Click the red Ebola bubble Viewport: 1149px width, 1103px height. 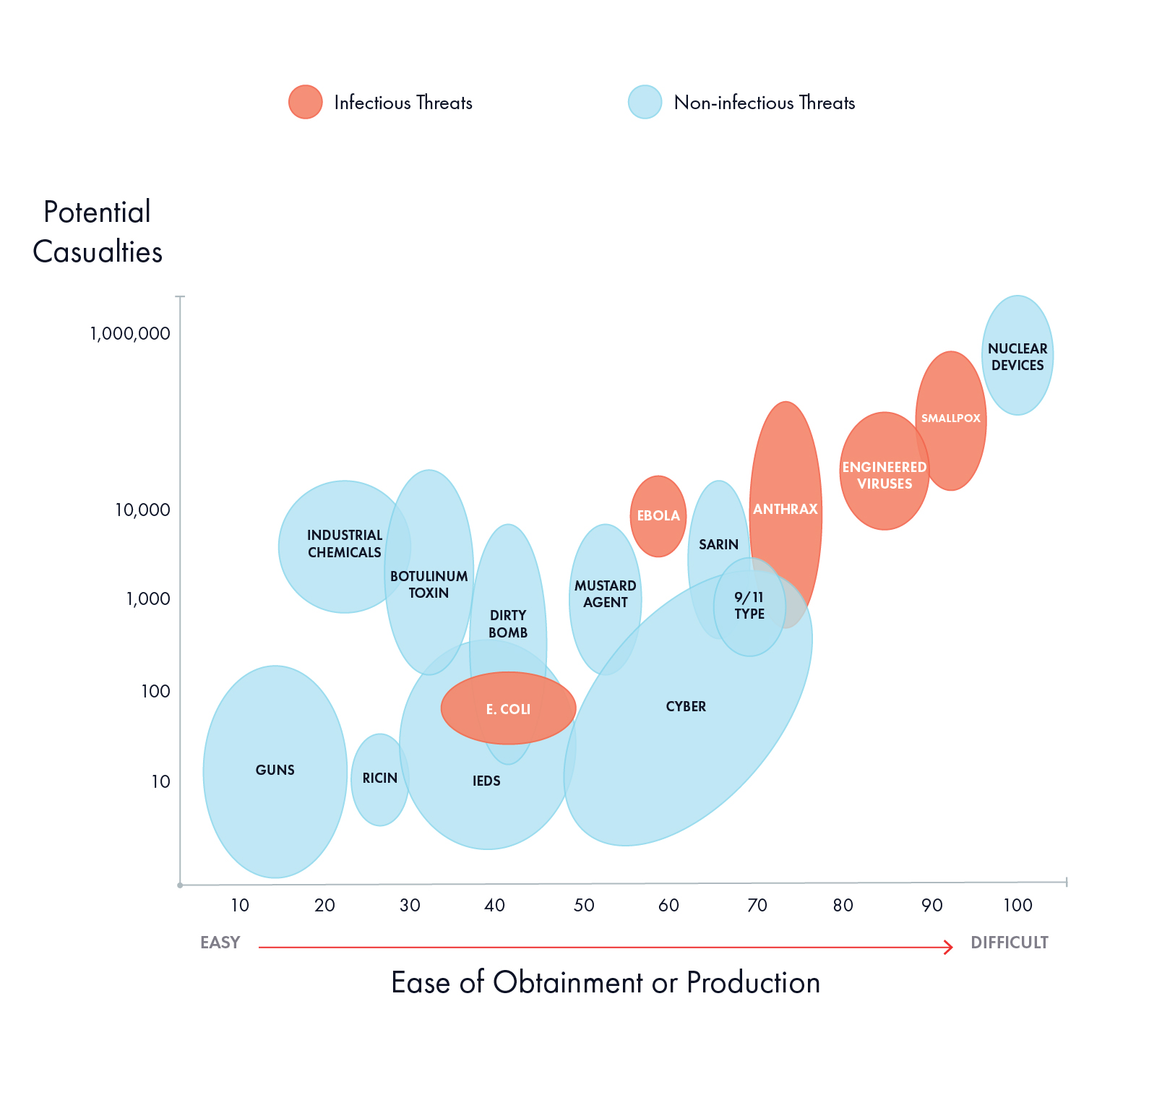coord(658,516)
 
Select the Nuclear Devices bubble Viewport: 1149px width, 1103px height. coord(1017,356)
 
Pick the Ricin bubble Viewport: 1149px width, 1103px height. coord(379,778)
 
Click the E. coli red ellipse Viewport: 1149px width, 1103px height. coord(508,709)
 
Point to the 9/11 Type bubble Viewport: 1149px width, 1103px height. coord(749,606)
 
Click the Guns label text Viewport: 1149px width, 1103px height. coord(275,771)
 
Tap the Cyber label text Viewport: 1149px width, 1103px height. coord(686,707)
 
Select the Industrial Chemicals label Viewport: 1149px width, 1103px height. coord(345,544)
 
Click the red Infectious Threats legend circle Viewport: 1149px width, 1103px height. coord(305,102)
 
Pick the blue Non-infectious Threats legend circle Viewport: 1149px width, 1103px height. coord(645,102)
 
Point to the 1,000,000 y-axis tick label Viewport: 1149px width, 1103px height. coord(130,334)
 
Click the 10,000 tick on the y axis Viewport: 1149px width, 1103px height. coord(142,510)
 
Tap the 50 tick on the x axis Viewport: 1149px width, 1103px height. coord(584,906)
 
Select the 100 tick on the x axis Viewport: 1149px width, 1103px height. coord(1017,906)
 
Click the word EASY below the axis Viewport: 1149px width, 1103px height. coord(220,943)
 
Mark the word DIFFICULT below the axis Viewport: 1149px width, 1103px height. coord(1009,943)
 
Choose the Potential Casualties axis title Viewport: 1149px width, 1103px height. coord(98,232)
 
